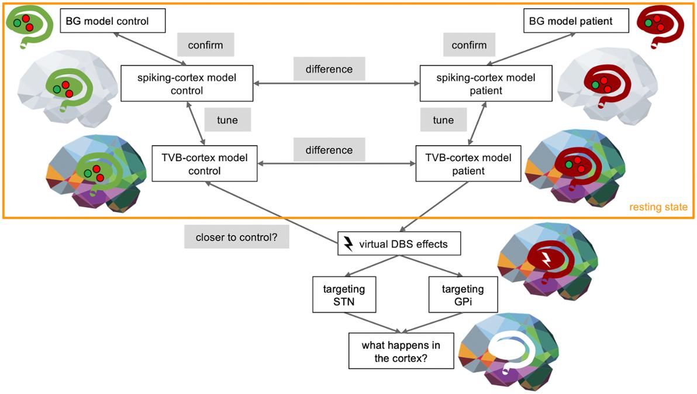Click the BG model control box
click(x=113, y=22)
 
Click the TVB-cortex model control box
click(x=204, y=164)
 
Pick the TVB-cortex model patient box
click(x=468, y=164)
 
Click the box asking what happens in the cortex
click(x=401, y=351)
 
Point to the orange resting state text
click(x=658, y=207)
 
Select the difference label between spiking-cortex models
click(x=329, y=69)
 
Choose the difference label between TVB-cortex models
click(x=329, y=150)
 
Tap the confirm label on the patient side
click(x=469, y=45)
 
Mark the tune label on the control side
click(x=227, y=120)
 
